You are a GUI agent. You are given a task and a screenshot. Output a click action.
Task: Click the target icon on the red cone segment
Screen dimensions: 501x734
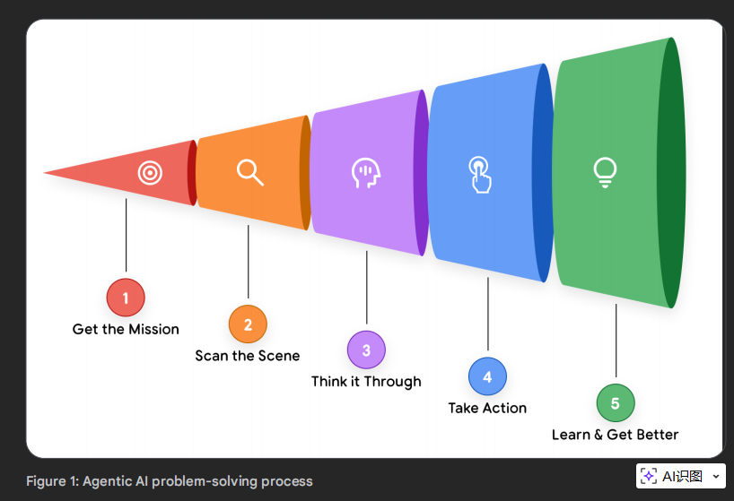pyautogui.click(x=150, y=172)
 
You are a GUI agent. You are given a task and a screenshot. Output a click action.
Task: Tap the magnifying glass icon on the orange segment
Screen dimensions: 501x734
pyautogui.click(x=249, y=172)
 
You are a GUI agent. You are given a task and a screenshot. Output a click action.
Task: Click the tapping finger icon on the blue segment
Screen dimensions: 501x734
pyautogui.click(x=480, y=175)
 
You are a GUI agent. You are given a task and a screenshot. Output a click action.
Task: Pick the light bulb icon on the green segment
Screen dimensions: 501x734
pyautogui.click(x=606, y=173)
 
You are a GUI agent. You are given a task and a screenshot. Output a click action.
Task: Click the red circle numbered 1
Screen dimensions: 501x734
pyautogui.click(x=126, y=298)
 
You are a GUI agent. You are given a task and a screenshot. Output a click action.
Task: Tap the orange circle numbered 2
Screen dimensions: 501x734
pyautogui.click(x=248, y=324)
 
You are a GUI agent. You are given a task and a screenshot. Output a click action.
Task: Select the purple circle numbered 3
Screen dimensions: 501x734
pyautogui.click(x=366, y=350)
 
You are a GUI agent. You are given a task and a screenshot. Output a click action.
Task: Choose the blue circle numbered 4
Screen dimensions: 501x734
pyautogui.click(x=487, y=376)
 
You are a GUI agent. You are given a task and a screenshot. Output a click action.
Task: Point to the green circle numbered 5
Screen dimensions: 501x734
pyautogui.click(x=616, y=403)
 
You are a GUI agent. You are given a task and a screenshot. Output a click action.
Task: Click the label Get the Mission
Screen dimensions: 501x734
pyautogui.click(x=126, y=329)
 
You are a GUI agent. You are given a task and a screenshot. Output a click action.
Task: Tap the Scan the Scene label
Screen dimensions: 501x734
pyautogui.click(x=248, y=356)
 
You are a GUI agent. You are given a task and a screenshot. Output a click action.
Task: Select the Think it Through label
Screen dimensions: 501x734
pyautogui.click(x=366, y=381)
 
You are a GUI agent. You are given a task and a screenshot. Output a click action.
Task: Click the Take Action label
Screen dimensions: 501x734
pyautogui.click(x=487, y=408)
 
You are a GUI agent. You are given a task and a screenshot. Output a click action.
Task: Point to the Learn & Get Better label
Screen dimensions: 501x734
pyautogui.click(x=615, y=435)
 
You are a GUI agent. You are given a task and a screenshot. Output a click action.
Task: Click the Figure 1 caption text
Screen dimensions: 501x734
pyautogui.click(x=170, y=481)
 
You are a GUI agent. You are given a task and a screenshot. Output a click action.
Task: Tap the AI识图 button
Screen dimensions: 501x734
pyautogui.click(x=673, y=476)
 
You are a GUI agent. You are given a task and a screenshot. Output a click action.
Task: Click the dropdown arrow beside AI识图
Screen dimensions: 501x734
pyautogui.click(x=715, y=476)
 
